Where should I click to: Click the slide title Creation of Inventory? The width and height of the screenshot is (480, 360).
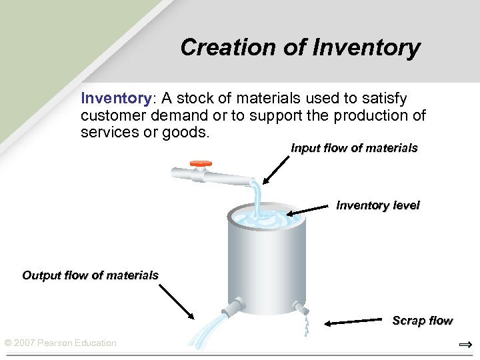click(300, 47)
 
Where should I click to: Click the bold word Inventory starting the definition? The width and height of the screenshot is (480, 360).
click(116, 99)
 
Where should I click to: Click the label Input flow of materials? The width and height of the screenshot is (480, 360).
click(354, 148)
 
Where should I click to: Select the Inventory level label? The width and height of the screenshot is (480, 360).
click(377, 205)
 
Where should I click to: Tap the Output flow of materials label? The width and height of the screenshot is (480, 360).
click(91, 275)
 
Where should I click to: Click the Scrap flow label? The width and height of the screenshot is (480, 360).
click(422, 321)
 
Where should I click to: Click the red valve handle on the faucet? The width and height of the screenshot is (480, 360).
click(201, 163)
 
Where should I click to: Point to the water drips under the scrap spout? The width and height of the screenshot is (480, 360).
click(306, 325)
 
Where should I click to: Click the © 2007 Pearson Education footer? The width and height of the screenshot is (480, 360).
click(60, 343)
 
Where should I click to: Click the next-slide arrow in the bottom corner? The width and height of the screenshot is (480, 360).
click(465, 344)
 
